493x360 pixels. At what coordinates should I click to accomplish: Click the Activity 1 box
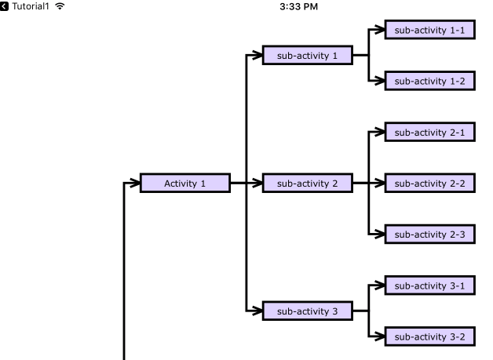point(185,184)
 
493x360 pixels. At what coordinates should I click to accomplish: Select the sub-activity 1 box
point(307,56)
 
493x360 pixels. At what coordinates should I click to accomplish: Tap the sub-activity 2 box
point(307,184)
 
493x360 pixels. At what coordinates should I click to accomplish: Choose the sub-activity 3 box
point(307,311)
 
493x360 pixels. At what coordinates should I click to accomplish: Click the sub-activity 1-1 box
point(429,31)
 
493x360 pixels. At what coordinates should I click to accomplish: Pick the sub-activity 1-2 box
point(429,81)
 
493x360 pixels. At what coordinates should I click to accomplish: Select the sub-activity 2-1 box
point(429,133)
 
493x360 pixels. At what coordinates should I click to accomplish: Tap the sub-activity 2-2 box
point(429,184)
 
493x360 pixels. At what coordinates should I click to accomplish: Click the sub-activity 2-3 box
point(429,234)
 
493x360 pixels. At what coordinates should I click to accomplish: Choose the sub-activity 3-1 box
point(429,285)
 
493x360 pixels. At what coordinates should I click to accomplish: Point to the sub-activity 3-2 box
point(429,336)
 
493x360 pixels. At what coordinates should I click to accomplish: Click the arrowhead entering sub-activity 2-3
point(379,234)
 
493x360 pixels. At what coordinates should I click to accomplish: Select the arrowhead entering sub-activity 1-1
point(379,31)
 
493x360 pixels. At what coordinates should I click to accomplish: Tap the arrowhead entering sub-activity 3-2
point(379,336)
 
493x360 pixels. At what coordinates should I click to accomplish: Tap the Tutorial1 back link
point(27,7)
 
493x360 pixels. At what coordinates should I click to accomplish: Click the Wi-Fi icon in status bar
point(60,7)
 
